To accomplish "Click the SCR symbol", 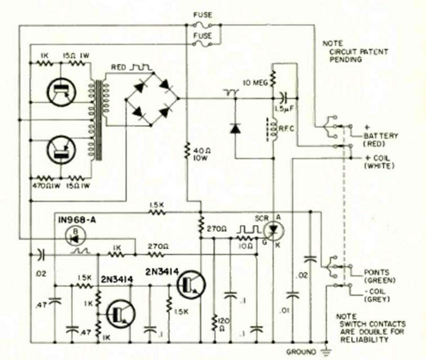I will [273, 229].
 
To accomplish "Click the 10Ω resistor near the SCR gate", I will [245, 237].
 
